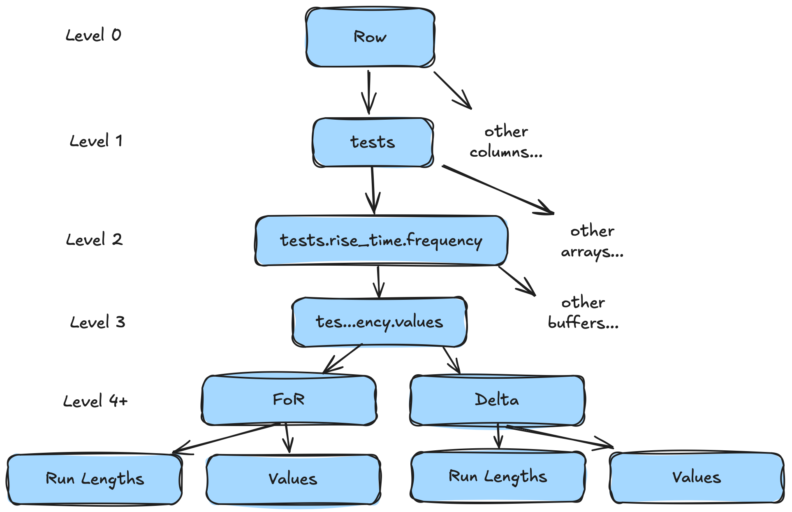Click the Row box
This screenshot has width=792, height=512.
(x=370, y=37)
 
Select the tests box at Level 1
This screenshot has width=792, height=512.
(x=373, y=142)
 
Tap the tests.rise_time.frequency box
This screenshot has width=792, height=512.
(x=381, y=241)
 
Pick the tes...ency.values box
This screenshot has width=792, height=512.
(x=379, y=322)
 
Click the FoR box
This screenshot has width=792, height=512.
(x=289, y=400)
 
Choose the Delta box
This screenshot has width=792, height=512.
(x=497, y=400)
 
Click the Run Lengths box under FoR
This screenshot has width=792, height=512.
(x=95, y=479)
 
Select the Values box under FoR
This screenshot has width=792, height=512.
(x=293, y=479)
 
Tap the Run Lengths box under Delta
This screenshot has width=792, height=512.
(x=498, y=477)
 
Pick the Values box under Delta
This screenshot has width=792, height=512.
(x=697, y=477)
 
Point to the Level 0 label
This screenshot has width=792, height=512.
(x=94, y=35)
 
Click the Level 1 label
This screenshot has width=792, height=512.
(x=96, y=141)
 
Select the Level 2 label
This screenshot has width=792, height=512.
(x=95, y=240)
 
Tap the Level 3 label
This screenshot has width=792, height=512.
(x=97, y=322)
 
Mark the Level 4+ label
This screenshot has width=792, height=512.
(x=95, y=401)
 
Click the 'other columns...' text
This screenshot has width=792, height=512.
(x=506, y=142)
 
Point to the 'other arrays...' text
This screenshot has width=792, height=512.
(x=592, y=241)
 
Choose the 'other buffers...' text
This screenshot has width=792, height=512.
(x=583, y=313)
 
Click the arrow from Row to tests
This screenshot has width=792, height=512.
(x=369, y=93)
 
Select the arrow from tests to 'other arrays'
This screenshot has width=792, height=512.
(x=498, y=190)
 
